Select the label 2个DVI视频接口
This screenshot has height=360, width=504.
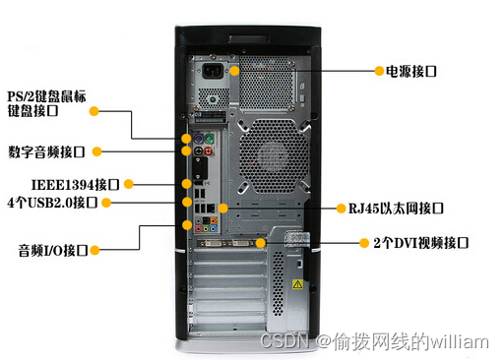pos(414,242)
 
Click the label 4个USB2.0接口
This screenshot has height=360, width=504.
pos(52,203)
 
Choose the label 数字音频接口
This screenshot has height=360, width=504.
pos(46,151)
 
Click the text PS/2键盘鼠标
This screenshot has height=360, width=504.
pos(46,96)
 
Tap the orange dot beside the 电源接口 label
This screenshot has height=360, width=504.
pos(378,71)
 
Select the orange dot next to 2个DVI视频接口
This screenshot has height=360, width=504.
pos(364,242)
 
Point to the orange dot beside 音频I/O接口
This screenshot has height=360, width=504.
pos(95,251)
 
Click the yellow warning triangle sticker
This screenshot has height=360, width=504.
pos(296,283)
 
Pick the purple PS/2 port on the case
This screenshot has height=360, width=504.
pos(197,140)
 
